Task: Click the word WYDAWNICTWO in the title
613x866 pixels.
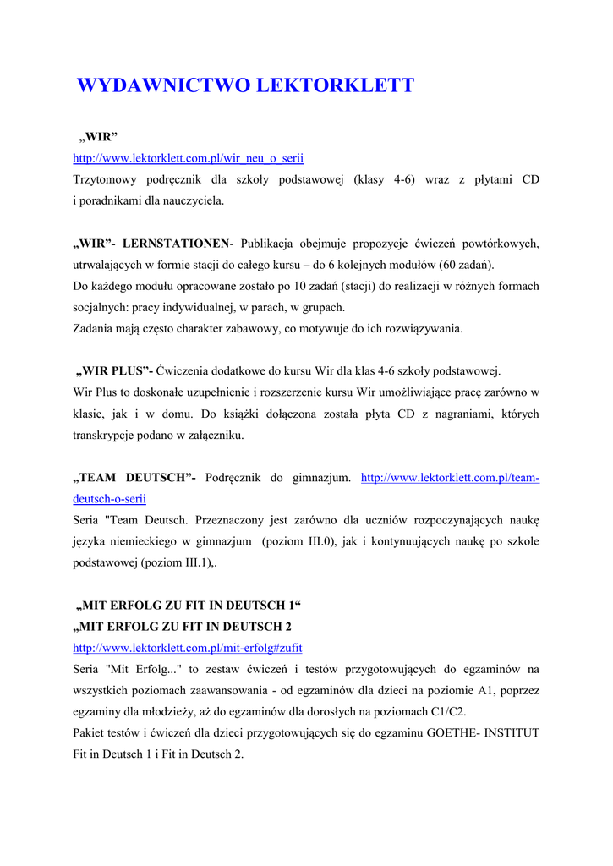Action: point(163,86)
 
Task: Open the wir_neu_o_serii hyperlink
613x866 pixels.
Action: point(188,158)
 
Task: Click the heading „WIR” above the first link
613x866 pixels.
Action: point(97,137)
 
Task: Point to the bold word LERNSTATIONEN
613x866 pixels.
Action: point(176,244)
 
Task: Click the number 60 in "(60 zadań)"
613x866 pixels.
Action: point(446,265)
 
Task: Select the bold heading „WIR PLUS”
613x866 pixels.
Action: point(114,371)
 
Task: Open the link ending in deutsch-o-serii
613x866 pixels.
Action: point(109,499)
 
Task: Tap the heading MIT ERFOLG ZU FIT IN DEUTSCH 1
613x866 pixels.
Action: point(188,606)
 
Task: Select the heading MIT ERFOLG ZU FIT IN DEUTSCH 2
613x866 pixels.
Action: point(186,627)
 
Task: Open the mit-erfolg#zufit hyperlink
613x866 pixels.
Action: point(188,648)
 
